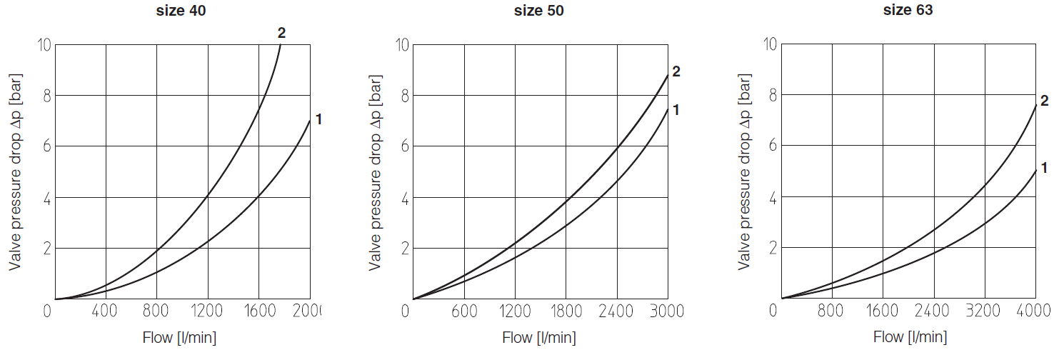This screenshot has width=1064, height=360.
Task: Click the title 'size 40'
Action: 181,11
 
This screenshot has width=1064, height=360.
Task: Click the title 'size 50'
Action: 539,11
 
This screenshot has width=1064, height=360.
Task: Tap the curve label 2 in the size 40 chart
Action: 281,33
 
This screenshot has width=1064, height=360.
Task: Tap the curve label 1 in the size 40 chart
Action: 318,119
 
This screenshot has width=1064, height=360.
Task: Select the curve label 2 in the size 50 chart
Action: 676,71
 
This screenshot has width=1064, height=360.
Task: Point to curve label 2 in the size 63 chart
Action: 1044,101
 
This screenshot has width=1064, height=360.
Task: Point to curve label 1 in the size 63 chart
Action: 1044,169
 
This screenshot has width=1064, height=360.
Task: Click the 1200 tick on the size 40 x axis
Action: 208,311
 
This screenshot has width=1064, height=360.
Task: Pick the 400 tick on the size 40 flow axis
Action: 105,311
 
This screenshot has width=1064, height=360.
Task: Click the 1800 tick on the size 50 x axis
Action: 566,311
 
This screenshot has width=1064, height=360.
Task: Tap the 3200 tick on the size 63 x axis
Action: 985,311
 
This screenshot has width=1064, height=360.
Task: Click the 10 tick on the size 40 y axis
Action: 44,45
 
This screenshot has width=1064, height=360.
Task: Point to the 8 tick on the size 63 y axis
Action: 772,96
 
